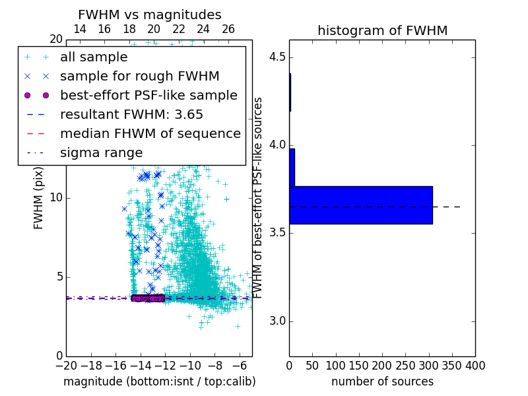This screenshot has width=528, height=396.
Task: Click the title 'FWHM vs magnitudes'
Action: tap(149, 15)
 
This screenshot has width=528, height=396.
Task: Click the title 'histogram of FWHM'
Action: tap(382, 30)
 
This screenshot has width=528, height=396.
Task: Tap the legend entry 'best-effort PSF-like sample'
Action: tap(148, 95)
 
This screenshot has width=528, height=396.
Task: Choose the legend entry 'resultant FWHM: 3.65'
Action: tap(131, 114)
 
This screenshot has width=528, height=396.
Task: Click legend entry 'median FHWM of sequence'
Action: tap(150, 133)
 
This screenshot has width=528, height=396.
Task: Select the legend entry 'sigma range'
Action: tap(101, 152)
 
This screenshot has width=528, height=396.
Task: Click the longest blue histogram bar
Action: tap(361, 205)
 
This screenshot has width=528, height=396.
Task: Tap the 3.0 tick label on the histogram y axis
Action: tap(277, 321)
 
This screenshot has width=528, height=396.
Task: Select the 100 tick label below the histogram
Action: tap(336, 365)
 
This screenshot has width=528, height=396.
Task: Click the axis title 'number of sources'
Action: tap(382, 381)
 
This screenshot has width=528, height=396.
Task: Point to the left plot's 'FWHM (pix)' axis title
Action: tap(39, 197)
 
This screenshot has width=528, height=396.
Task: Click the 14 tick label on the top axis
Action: tap(79, 29)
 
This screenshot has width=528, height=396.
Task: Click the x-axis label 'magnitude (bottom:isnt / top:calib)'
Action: tap(159, 381)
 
